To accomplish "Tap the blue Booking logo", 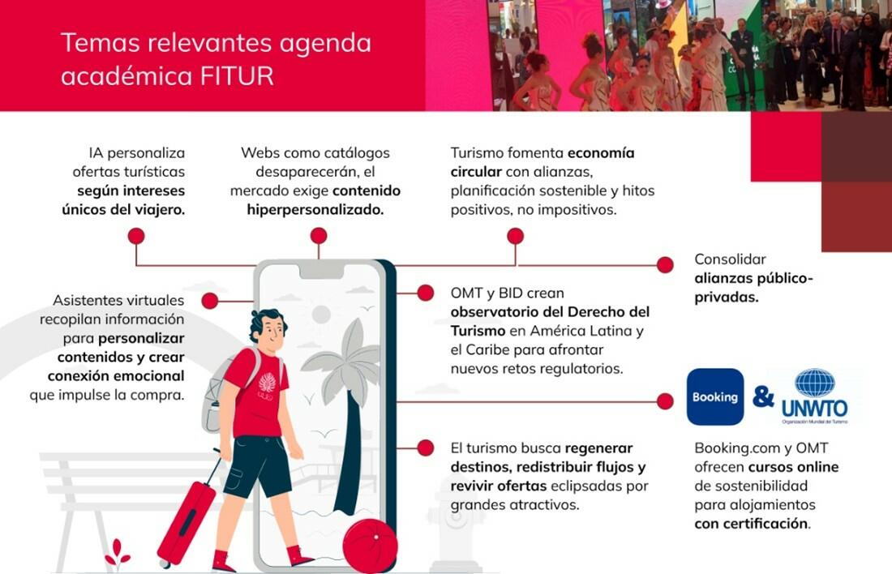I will (714, 397).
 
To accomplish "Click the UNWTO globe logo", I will (814, 383).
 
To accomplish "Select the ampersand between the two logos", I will (763, 396).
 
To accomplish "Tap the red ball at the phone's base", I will (370, 546).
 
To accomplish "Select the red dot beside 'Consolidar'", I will (665, 264).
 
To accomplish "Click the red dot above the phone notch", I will (319, 236).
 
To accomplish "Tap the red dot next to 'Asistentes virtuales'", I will (210, 301).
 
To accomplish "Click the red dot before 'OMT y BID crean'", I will (424, 292).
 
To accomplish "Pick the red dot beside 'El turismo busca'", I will (424, 448).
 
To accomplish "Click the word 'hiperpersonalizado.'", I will (315, 209).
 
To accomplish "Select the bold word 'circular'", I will (476, 172).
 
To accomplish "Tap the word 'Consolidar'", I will (730, 259).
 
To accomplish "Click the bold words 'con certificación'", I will (751, 523).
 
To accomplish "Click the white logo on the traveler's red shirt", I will (267, 383).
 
